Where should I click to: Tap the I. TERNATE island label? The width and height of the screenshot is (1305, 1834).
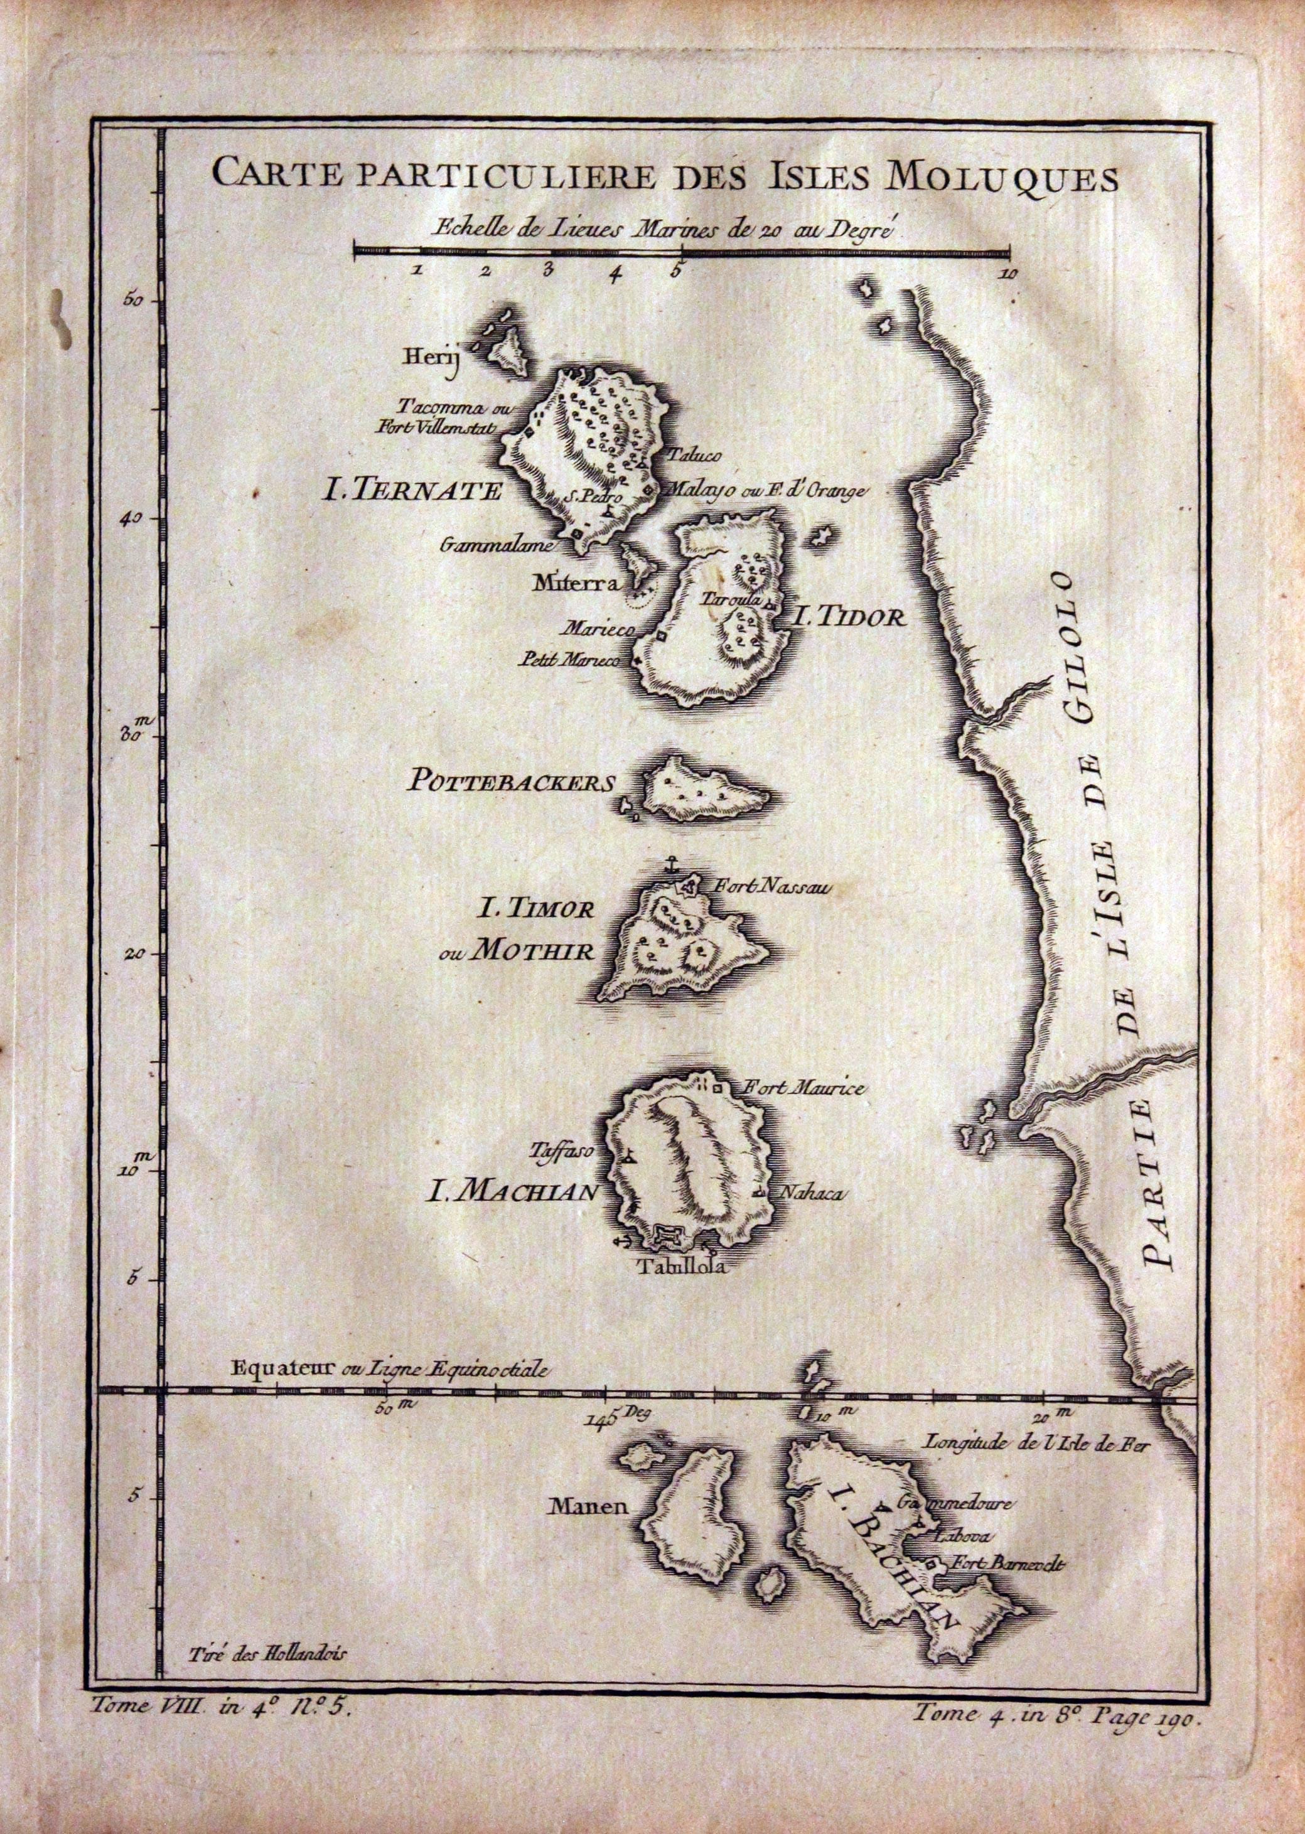pyautogui.click(x=411, y=491)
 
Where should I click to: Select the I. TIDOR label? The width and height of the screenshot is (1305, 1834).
pyautogui.click(x=849, y=617)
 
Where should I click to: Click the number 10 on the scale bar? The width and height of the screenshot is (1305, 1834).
pyautogui.click(x=1009, y=273)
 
